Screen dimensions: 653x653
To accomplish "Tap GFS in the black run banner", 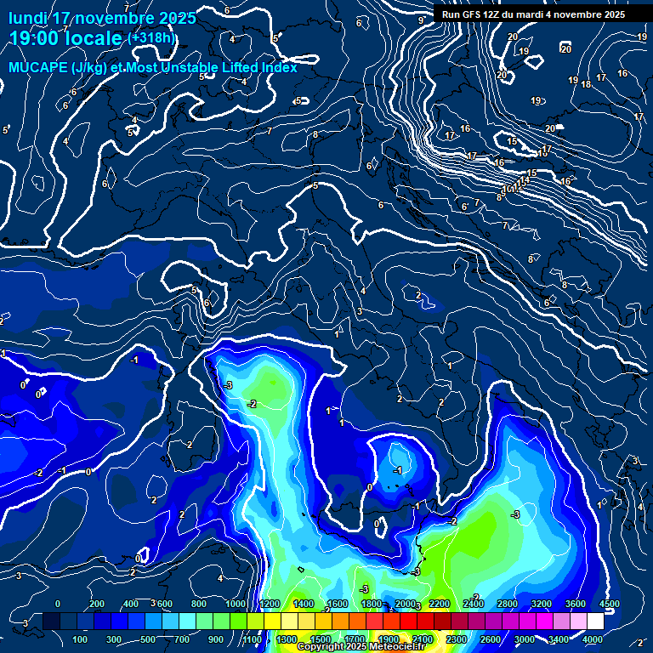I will (476, 14).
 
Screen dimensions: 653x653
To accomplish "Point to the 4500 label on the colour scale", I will (608, 604).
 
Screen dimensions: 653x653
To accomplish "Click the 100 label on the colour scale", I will (81, 639).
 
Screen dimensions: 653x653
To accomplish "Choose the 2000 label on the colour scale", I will (404, 604).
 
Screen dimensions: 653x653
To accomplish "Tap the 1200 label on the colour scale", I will (269, 604).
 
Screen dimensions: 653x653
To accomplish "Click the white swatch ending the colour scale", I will (595, 622).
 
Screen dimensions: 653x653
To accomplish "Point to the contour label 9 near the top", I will (421, 20).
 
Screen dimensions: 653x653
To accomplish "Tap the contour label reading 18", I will (586, 84).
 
